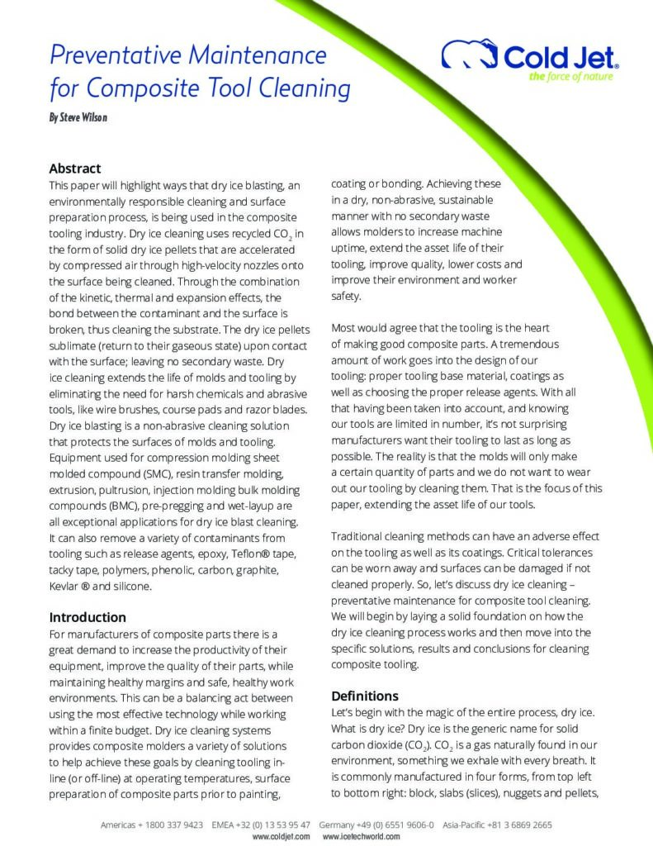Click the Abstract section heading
pos(75,169)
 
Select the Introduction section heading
pos(88,617)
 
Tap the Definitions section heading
pos(365,696)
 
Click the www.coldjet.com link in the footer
pos(281,836)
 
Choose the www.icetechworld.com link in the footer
pos(361,836)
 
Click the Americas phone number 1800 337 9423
pos(172,825)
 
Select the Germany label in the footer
pos(336,825)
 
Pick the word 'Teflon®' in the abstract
pos(234,554)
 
